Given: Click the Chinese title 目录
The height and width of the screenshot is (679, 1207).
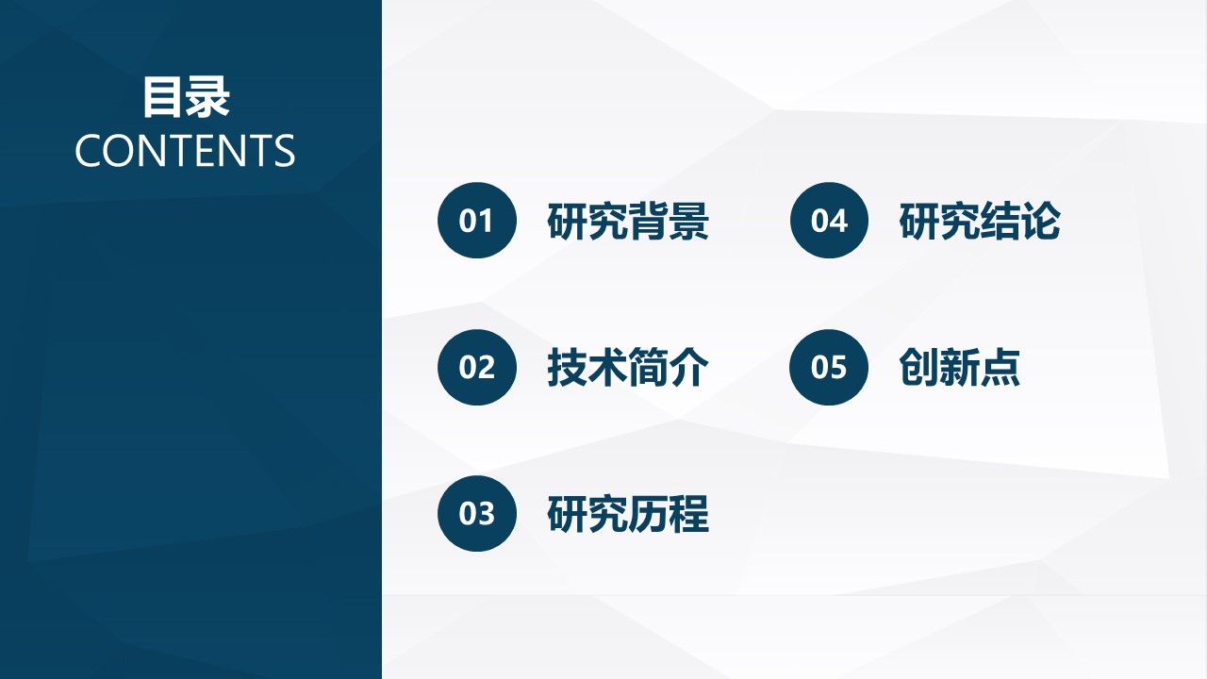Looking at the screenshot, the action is click(x=186, y=97).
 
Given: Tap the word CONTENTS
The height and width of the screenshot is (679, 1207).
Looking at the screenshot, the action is click(x=185, y=150).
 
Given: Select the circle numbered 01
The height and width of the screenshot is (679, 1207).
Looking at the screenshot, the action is click(x=477, y=220).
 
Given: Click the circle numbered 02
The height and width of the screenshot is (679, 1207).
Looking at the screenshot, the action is click(x=477, y=367).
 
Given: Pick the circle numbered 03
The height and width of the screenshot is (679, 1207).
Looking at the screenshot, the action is click(x=477, y=513).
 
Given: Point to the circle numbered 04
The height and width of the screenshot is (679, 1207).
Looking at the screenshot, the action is click(x=829, y=220).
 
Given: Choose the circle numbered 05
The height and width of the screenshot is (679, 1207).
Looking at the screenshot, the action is click(x=829, y=367).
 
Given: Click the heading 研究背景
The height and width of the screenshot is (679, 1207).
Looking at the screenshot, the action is click(x=628, y=221).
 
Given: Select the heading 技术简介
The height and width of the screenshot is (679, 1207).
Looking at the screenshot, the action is click(x=628, y=368).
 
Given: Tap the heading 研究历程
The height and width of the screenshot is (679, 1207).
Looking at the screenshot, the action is click(x=628, y=514).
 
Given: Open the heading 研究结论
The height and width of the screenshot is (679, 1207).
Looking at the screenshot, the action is click(x=980, y=221).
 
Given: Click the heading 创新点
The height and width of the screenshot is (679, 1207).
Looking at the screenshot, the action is click(x=959, y=368).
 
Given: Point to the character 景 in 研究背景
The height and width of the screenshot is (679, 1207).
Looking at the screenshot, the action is click(x=689, y=221).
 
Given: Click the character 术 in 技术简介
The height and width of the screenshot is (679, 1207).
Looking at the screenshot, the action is click(x=608, y=368).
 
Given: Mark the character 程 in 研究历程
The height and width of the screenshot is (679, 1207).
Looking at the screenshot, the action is click(x=689, y=514).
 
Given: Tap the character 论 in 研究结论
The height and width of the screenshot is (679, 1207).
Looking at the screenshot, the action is click(x=1041, y=221).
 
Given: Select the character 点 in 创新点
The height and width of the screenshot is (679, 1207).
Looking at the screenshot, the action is click(x=1000, y=368).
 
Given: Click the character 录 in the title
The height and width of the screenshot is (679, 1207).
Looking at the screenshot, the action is click(x=208, y=97).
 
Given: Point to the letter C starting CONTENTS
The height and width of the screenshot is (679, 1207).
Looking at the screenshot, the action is click(x=88, y=150).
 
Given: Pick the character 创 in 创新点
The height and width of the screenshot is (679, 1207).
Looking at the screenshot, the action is click(x=918, y=368).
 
